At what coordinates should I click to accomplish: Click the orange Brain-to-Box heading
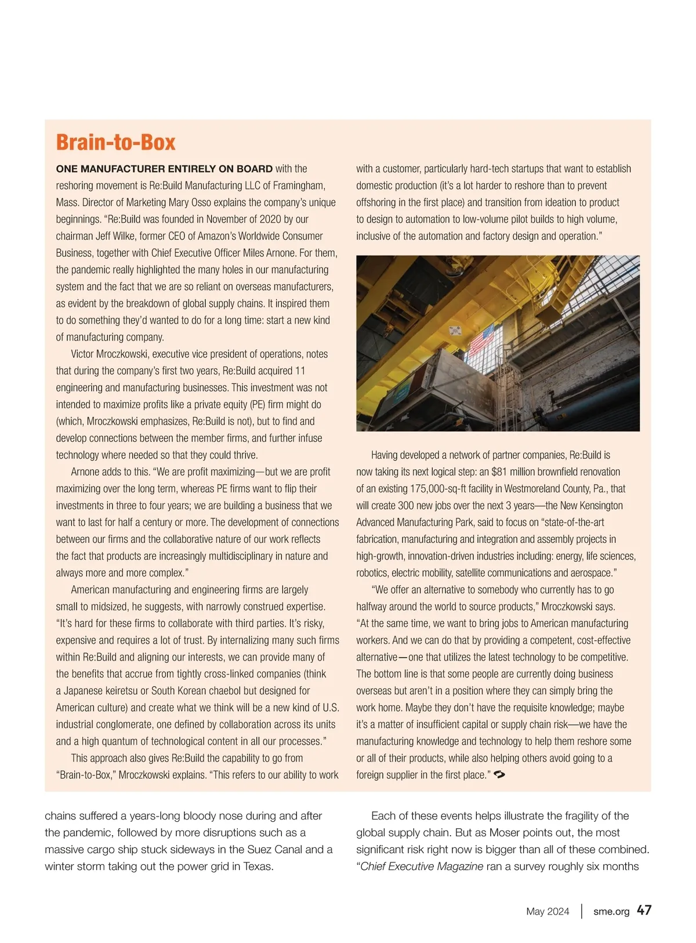[x=115, y=143]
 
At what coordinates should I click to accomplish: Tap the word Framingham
[x=295, y=186]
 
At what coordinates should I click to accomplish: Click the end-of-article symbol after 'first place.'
[x=499, y=774]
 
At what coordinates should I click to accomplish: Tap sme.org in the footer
[x=611, y=911]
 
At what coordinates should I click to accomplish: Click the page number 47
[x=644, y=911]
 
